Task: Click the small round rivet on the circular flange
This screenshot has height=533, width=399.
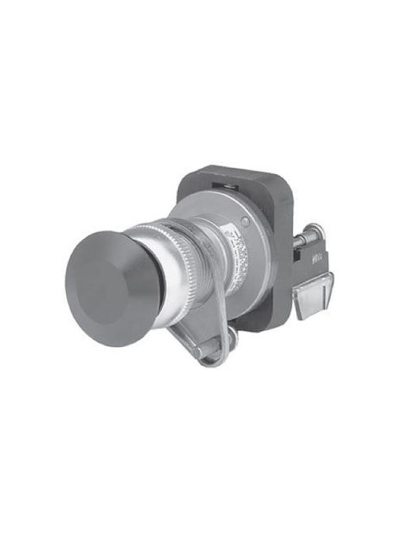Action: pyautogui.click(x=246, y=221)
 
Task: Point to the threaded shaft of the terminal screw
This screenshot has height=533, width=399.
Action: pyautogui.click(x=300, y=241)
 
